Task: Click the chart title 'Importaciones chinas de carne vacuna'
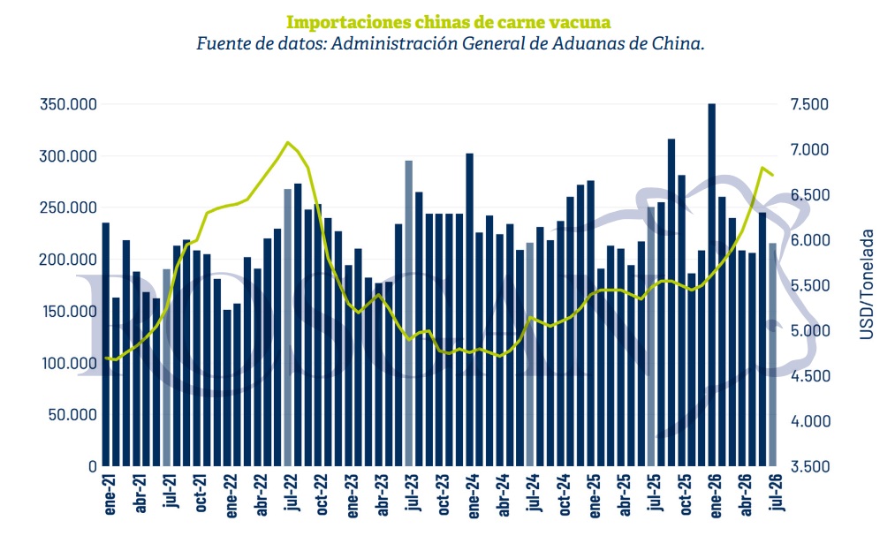pos(448,22)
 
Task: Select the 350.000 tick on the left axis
pos(68,104)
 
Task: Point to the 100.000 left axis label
pos(69,363)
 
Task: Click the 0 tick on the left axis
pos(93,466)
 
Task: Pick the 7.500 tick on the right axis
pos(809,104)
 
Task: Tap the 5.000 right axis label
pos(809,331)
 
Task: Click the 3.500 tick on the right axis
pos(809,466)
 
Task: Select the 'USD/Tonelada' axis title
pos(867,284)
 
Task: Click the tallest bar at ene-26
pos(712,284)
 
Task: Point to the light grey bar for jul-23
pos(409,313)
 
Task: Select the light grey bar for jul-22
pos(288,328)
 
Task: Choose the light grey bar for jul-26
pos(773,354)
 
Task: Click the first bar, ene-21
pos(106,344)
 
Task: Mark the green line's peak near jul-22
pos(288,142)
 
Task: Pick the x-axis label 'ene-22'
pos(231,495)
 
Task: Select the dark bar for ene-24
pos(470,310)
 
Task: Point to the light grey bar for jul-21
pos(167,367)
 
